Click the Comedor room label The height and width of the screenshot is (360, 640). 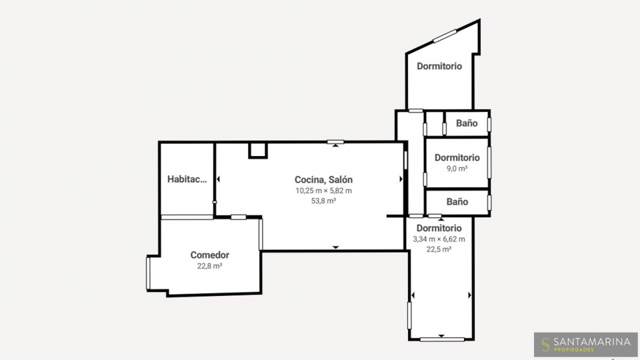(210, 255)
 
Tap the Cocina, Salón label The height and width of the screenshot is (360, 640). (324, 179)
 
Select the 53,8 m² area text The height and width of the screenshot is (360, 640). (324, 201)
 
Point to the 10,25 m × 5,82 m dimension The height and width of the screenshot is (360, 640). (324, 191)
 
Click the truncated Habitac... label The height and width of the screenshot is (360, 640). (187, 179)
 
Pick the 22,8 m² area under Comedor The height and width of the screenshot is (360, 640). (210, 266)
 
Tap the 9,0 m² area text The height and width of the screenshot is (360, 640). (457, 168)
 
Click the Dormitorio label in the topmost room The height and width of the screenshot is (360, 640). (439, 66)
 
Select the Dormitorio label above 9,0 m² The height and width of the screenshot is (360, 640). (457, 157)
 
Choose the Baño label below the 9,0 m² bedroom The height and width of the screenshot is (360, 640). (457, 201)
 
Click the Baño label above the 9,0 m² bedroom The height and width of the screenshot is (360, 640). (467, 123)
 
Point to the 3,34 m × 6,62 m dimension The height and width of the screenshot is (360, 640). (439, 239)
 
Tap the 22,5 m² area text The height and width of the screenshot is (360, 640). (439, 249)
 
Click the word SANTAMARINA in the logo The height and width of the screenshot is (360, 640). (592, 342)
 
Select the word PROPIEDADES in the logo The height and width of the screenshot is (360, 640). (573, 350)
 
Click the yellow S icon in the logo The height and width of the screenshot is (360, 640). (545, 345)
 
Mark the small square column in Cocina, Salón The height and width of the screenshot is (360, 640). (258, 150)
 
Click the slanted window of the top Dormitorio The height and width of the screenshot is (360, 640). (445, 36)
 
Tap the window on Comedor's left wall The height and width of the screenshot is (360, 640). (148, 273)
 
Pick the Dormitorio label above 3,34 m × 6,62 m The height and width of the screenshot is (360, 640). (439, 228)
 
